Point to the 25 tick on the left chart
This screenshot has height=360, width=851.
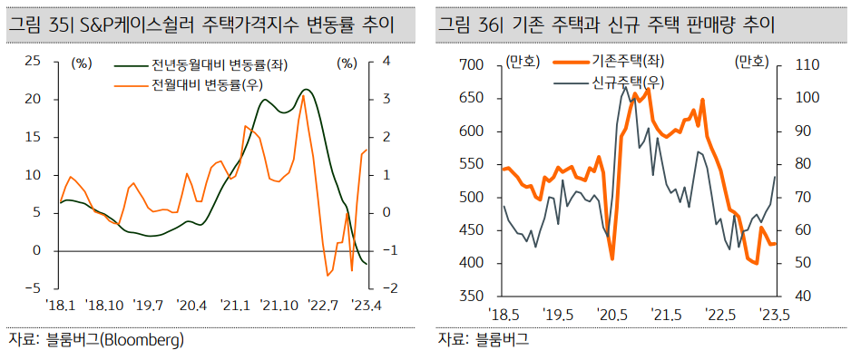(x=33, y=61)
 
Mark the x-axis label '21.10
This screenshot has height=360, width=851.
(x=278, y=306)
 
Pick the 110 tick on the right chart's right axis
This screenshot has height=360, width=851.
(x=807, y=65)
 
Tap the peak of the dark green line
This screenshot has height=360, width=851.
(x=307, y=90)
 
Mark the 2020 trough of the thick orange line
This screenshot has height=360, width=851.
(x=612, y=259)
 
